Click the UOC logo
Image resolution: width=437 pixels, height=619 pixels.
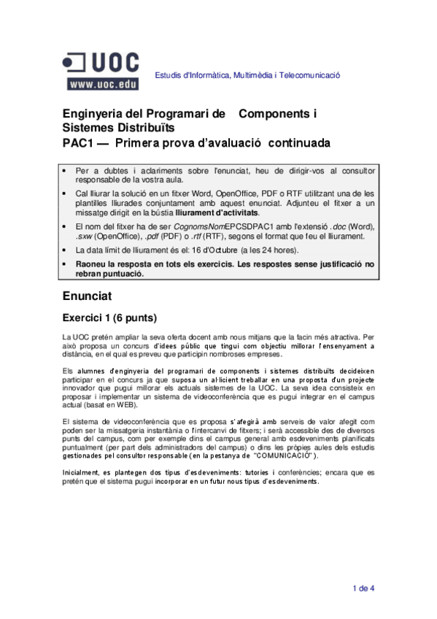tap(102, 62)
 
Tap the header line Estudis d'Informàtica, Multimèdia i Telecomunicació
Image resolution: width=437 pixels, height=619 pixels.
tap(247, 75)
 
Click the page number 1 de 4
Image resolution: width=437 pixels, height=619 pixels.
tap(363, 588)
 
